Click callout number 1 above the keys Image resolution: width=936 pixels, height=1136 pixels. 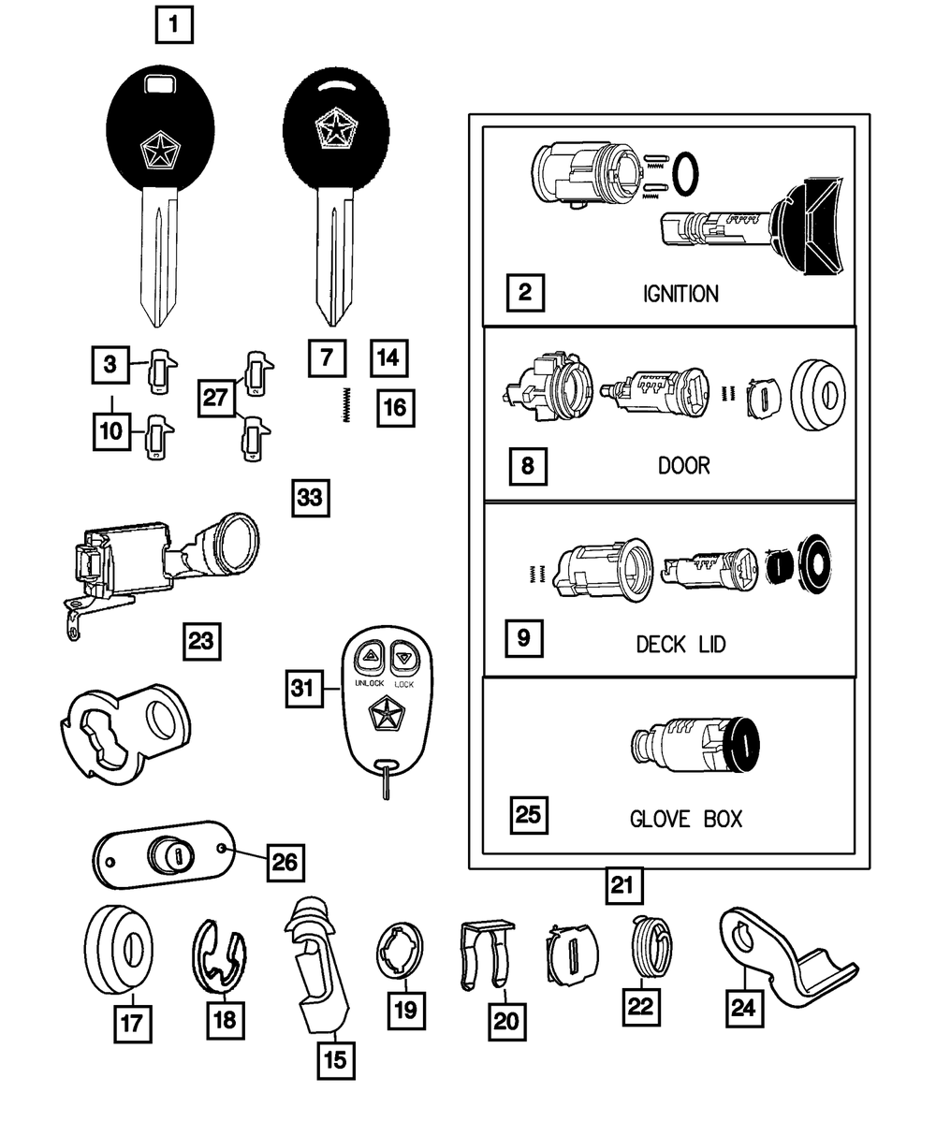tap(174, 25)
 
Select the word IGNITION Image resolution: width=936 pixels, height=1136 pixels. tap(680, 294)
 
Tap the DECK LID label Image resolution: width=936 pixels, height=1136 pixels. tap(680, 645)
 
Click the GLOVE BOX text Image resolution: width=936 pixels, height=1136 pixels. tap(685, 819)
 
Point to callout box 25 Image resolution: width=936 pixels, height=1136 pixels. tap(528, 815)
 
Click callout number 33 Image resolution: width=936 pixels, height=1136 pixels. tap(309, 498)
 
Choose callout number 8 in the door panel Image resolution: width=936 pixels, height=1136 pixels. tap(528, 464)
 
